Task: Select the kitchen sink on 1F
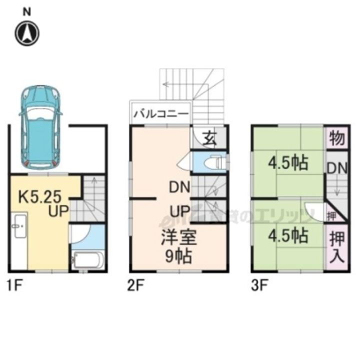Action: [x=19, y=228]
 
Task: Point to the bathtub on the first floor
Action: [x=88, y=260]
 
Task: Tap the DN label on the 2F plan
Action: [x=178, y=188]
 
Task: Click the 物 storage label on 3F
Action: [x=337, y=138]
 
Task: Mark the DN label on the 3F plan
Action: [x=337, y=168]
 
